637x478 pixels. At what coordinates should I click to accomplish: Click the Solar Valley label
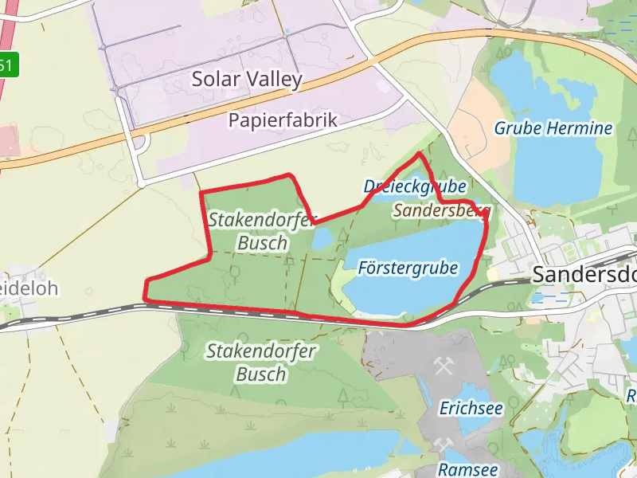click(x=247, y=79)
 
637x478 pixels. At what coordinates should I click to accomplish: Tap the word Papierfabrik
click(x=283, y=120)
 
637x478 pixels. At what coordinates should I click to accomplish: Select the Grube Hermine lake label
click(x=553, y=127)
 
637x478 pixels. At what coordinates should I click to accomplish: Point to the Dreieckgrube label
click(x=415, y=186)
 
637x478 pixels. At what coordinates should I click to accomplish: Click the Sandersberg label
click(x=441, y=211)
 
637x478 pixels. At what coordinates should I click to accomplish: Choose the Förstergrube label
click(x=408, y=268)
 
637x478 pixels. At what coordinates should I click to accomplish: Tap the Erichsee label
click(x=471, y=408)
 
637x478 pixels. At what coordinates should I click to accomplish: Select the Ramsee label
click(x=468, y=470)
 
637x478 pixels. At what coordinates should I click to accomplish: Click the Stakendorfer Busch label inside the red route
click(x=262, y=230)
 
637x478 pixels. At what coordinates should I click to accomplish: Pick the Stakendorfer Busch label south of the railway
click(x=261, y=362)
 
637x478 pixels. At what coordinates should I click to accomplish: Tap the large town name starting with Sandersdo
click(x=584, y=273)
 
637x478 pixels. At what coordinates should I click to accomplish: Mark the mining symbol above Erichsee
click(x=444, y=367)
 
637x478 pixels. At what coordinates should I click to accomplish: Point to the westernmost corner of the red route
click(x=145, y=299)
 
